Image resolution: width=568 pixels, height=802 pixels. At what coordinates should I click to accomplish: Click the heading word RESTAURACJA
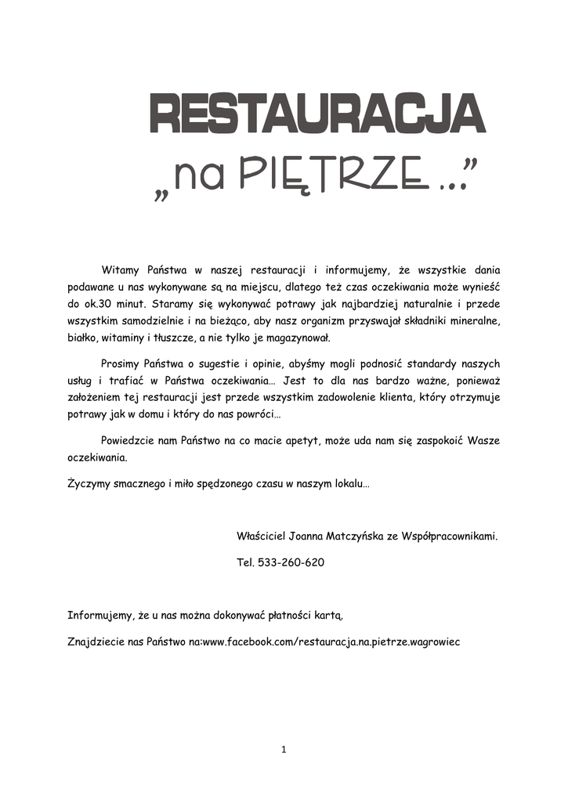tap(317, 115)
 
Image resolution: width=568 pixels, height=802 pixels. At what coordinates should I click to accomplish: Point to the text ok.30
tap(99, 304)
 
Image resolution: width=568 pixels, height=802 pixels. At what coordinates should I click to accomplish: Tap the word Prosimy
tap(122, 364)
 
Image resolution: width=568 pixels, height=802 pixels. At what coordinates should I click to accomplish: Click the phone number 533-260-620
tap(291, 563)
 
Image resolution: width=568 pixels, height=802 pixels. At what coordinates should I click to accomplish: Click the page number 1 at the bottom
tap(284, 750)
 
